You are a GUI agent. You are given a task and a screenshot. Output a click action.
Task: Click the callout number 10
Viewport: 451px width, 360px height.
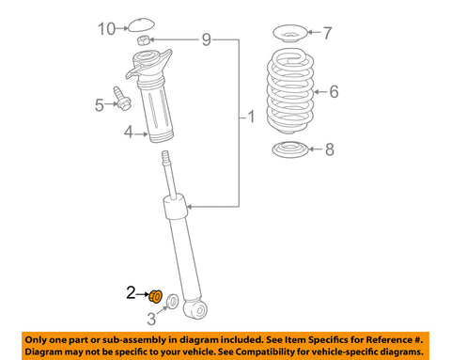click(107, 29)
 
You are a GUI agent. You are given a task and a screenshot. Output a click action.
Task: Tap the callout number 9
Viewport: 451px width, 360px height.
click(206, 39)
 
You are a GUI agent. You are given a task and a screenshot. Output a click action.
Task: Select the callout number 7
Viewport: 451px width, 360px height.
click(326, 35)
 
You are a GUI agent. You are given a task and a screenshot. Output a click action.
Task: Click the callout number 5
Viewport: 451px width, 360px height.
click(98, 106)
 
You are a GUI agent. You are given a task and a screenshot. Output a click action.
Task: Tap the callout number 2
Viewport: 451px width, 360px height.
click(132, 293)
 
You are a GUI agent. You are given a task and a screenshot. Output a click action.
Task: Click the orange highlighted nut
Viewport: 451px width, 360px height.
click(156, 297)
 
